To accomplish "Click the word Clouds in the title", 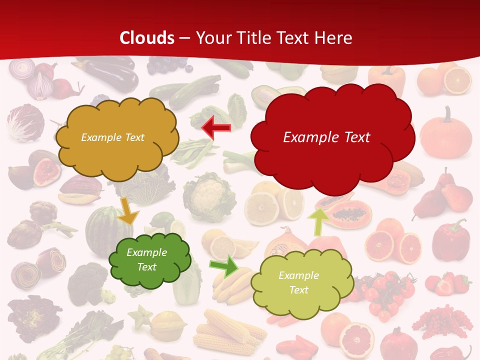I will tap(147, 38).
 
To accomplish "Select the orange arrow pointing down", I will tap(128, 211).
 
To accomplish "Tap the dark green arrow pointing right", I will tap(224, 266).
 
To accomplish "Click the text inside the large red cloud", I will tap(326, 137).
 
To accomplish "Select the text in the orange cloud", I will tap(112, 137).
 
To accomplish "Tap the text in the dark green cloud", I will tap(146, 260).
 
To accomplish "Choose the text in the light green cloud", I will tap(298, 282).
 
